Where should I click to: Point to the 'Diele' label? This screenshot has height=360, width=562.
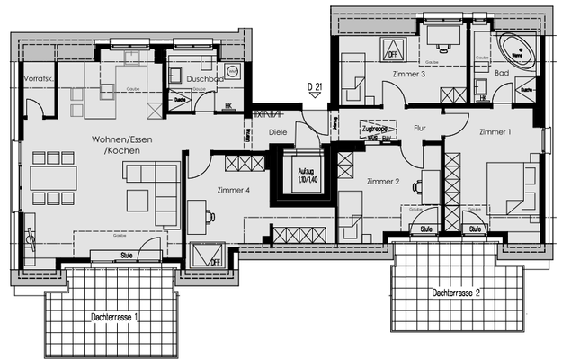[x=278, y=132]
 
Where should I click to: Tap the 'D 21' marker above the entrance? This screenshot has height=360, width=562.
[x=315, y=87]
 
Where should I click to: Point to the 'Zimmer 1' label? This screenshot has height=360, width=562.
[x=495, y=132]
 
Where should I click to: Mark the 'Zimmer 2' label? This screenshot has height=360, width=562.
[x=383, y=182]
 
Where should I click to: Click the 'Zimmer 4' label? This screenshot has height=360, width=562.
[x=234, y=190]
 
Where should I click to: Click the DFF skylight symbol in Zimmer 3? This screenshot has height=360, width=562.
[x=393, y=50]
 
